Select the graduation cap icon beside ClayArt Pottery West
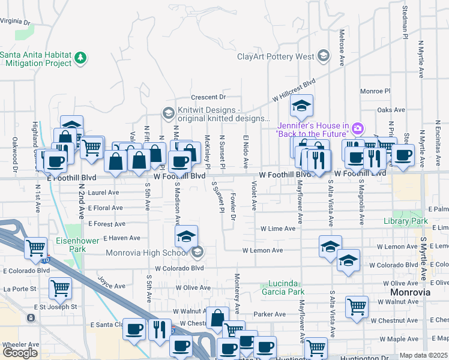click(x=324, y=56)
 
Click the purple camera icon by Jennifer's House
click(x=358, y=128)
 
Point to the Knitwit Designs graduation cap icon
click(x=167, y=112)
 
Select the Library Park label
click(x=406, y=221)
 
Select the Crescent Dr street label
click(x=208, y=97)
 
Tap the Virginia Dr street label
click(x=15, y=21)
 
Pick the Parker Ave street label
click(x=269, y=314)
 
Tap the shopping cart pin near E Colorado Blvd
click(x=59, y=289)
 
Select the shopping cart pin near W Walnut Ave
click(x=357, y=307)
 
